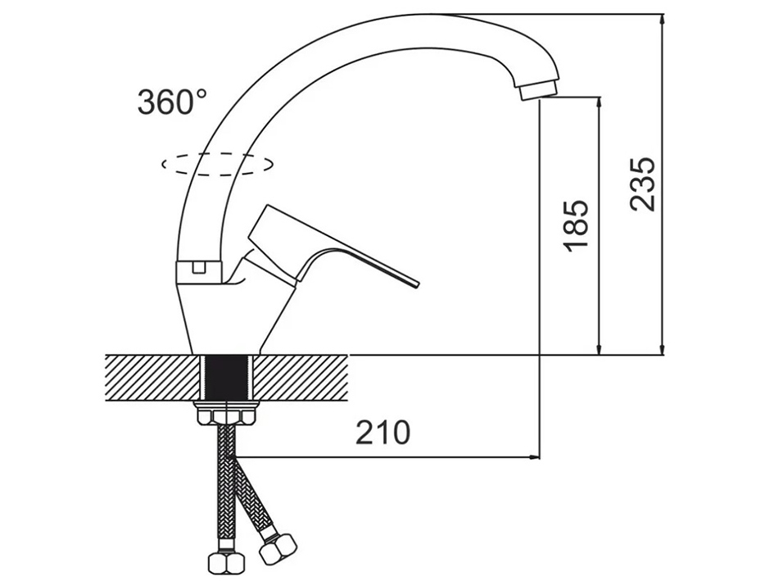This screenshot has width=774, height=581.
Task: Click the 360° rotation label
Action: [x=172, y=102]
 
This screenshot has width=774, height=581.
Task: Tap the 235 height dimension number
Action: [x=643, y=184]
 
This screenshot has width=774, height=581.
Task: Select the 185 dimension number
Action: [x=577, y=225]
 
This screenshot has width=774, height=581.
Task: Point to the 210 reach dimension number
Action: [x=383, y=433]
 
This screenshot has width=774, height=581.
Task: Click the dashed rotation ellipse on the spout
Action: [x=217, y=164]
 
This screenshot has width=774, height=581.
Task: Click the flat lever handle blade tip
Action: [x=416, y=284]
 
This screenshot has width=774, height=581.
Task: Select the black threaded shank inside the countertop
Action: [x=228, y=379]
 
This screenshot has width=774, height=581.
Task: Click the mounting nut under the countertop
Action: [x=227, y=414]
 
